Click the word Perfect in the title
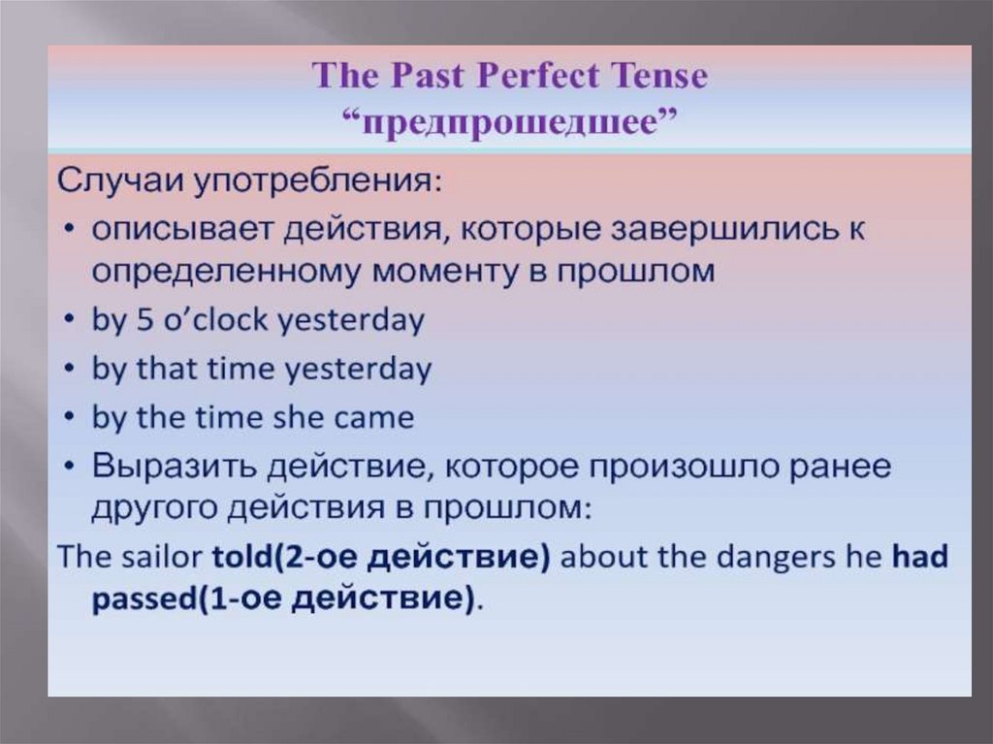(538, 76)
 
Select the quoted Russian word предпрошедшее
(510, 121)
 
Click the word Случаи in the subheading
(120, 182)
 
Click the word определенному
(225, 273)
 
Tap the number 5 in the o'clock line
(145, 320)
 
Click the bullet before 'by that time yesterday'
(71, 369)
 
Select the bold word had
(920, 557)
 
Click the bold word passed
(144, 598)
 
